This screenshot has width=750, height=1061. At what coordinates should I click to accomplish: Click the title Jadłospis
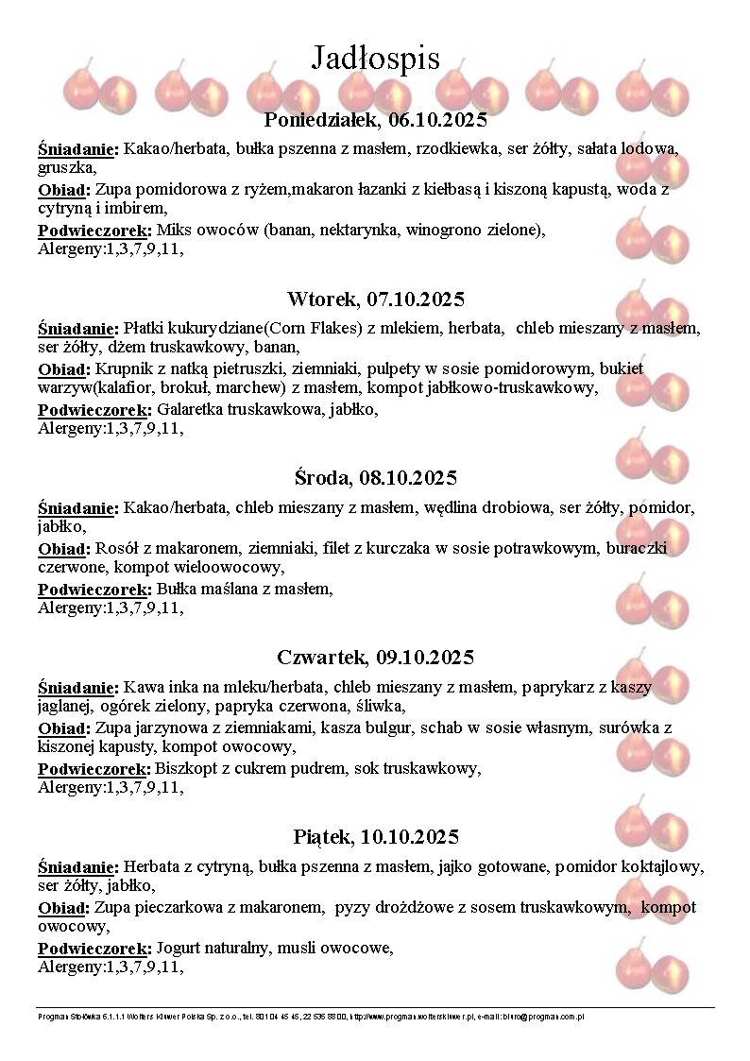(x=375, y=59)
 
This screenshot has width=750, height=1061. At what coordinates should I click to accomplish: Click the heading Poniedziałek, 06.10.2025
(x=375, y=120)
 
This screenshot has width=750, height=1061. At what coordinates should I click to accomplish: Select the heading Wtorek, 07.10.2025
(x=375, y=299)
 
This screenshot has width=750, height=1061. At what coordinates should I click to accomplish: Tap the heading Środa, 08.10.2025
(x=375, y=478)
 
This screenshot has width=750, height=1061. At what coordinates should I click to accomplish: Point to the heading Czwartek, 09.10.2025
(x=375, y=658)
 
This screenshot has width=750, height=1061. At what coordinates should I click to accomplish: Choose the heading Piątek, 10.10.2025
(x=375, y=837)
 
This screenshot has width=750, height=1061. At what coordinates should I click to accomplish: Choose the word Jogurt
(x=180, y=948)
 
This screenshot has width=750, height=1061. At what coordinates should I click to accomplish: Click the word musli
(x=296, y=948)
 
